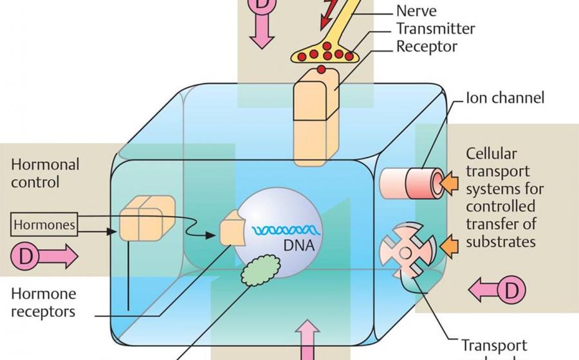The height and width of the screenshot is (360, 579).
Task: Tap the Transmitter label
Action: [435, 29]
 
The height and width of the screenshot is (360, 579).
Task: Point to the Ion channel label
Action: [505, 98]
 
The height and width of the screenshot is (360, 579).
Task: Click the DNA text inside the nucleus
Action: [297, 244]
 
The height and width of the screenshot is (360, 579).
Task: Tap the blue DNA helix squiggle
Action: [284, 230]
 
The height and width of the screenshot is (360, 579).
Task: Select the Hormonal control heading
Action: [45, 173]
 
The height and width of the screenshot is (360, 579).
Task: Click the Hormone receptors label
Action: [43, 303]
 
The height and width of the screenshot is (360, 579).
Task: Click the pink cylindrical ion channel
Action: [412, 183]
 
